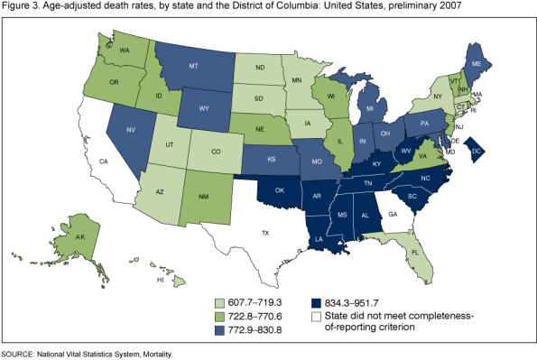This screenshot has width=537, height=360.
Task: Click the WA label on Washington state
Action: [x=128, y=51]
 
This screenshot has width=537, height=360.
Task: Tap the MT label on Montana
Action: [x=193, y=67]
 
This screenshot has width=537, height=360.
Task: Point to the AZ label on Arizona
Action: [x=159, y=192]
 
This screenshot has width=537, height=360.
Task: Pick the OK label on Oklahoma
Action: [x=280, y=190]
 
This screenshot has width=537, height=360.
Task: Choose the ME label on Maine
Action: [x=477, y=64]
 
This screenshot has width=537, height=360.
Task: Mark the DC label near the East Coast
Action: [x=477, y=152]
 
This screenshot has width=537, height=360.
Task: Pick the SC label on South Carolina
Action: [x=412, y=196]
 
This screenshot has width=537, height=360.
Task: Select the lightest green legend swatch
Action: [x=219, y=304]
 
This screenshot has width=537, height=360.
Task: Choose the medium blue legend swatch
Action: [x=219, y=331]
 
